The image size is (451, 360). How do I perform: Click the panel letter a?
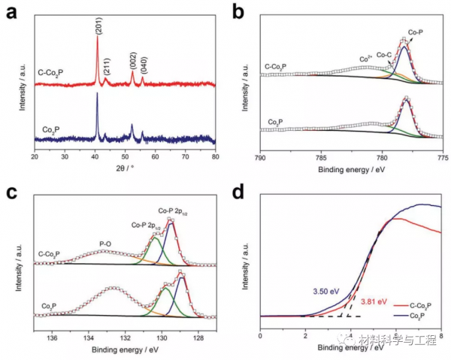tap(10, 10)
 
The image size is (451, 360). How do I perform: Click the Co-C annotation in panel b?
tap(383, 54)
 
